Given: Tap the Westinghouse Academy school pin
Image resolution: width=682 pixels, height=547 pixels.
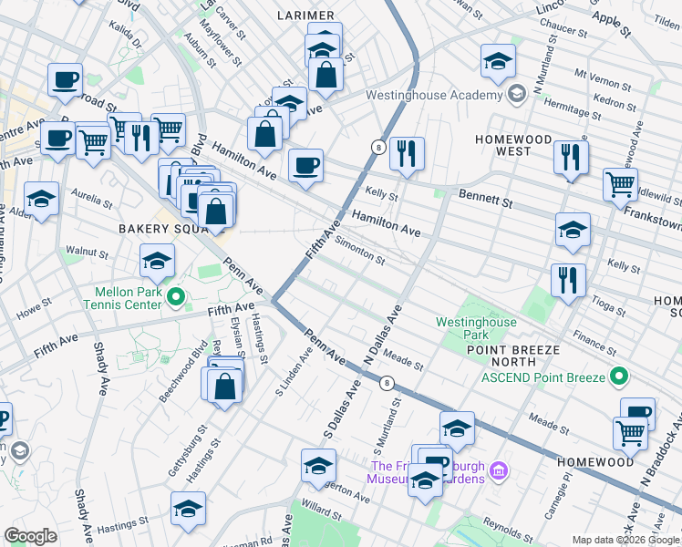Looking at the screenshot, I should tap(516, 95).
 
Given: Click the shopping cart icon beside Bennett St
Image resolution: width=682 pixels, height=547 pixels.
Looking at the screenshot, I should tap(620, 184).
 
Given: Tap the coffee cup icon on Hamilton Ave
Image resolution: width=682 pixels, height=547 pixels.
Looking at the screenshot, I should tap(305, 166).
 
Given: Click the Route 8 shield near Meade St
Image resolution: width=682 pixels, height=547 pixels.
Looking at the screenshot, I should tap(387, 382).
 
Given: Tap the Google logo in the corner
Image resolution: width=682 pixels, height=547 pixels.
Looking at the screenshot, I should tap(30, 536).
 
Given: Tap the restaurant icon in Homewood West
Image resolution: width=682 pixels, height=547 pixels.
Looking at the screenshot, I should tap(571, 158).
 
